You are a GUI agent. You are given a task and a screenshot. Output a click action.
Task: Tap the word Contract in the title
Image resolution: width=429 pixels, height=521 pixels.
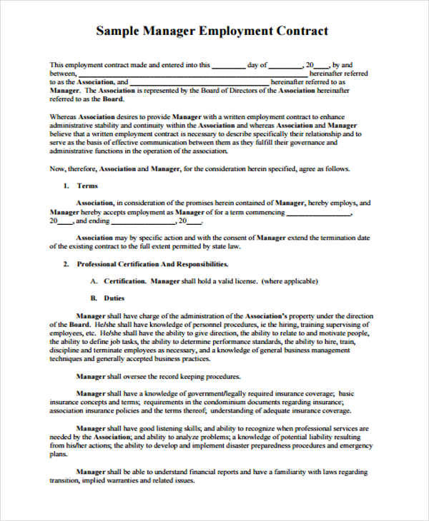[300, 31]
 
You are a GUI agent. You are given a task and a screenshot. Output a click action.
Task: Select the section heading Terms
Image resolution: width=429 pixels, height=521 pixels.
[87, 186]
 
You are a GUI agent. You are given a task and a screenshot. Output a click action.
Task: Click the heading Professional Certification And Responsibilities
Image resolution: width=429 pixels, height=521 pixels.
[152, 263]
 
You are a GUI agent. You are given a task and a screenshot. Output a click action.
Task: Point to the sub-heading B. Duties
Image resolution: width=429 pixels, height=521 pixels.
[107, 298]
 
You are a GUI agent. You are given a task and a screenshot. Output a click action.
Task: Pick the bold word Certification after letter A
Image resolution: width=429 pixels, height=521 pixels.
[125, 281]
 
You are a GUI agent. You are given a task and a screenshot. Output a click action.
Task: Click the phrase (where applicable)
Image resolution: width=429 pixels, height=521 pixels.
[290, 281]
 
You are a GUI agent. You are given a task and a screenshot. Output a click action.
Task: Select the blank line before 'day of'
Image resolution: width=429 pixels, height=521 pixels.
[227, 65]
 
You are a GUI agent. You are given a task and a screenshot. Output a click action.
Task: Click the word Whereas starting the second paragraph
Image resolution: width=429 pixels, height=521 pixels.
[64, 116]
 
